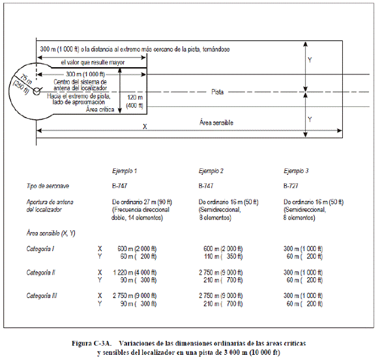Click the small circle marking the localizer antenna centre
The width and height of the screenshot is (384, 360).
pos(37,91)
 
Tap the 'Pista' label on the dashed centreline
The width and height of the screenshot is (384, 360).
pos(217,92)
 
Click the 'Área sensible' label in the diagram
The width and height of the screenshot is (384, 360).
pos(216,123)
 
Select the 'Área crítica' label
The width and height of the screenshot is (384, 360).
pos(100,110)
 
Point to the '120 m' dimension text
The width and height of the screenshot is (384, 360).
pos(135,97)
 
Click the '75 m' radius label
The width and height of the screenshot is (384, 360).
pos(25,79)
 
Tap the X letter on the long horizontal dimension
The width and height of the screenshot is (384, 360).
pos(145,127)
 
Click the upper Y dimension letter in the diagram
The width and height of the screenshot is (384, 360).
pos(310,60)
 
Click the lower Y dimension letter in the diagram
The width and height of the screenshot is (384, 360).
pos(310,119)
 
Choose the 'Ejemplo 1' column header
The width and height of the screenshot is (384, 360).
pos(125,171)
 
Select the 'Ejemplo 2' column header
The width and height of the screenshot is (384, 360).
pos(211,171)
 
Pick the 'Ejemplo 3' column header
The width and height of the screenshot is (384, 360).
pos(296,171)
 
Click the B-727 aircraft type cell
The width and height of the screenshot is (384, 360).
pos(291,186)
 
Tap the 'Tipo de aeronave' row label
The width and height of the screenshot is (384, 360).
pos(48,186)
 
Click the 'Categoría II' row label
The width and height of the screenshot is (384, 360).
pos(40,273)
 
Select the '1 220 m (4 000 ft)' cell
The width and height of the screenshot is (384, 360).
pos(135,273)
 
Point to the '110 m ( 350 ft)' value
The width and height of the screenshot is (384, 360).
pos(223,256)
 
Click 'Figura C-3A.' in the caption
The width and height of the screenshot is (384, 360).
pos(91,343)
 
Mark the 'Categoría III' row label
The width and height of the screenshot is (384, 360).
pos(42,296)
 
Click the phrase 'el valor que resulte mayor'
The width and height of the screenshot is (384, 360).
pos(93,63)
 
